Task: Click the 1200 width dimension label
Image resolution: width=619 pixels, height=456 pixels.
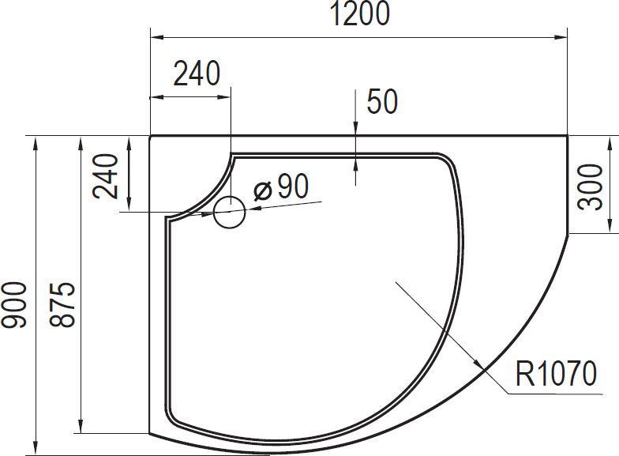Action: tap(359, 14)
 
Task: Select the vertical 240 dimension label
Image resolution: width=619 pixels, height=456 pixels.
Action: tap(105, 175)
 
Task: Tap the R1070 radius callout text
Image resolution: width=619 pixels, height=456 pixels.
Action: tap(557, 373)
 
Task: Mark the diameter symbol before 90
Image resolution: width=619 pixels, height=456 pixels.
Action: tap(264, 190)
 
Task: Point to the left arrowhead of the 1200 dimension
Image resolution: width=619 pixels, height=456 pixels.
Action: tap(156, 36)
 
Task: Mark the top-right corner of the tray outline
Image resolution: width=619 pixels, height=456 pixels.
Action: tap(568, 136)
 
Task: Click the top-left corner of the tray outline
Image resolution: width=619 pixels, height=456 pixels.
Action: tap(151, 136)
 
